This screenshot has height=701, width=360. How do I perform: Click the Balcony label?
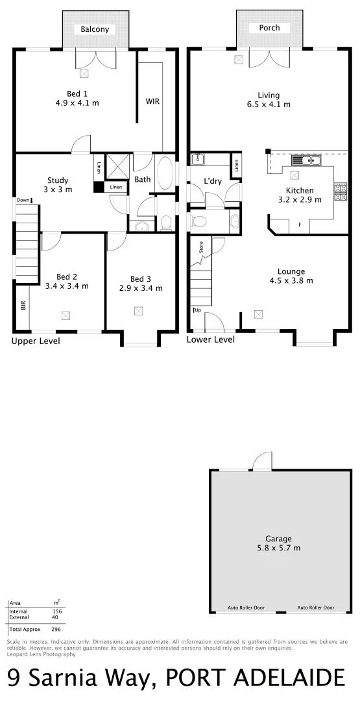[95, 29]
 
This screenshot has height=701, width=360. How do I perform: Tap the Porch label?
[269, 29]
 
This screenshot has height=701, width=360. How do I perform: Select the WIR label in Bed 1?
[152, 101]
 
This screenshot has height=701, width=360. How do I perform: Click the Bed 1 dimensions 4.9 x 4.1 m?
[77, 103]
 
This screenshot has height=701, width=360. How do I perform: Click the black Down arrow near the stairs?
[30, 201]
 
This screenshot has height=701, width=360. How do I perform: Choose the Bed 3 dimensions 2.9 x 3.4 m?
[141, 288]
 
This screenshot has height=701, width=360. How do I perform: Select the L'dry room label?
[213, 181]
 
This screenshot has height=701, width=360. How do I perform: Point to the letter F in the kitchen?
[300, 225]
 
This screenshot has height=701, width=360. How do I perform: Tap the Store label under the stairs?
[201, 247]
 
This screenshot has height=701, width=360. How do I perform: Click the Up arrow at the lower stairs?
[195, 310]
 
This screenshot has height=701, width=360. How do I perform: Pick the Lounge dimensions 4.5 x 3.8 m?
[291, 281]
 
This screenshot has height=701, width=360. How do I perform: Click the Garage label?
[278, 539]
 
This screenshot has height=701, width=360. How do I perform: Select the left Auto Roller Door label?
[245, 608]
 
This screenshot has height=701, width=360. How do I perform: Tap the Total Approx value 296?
[56, 630]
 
